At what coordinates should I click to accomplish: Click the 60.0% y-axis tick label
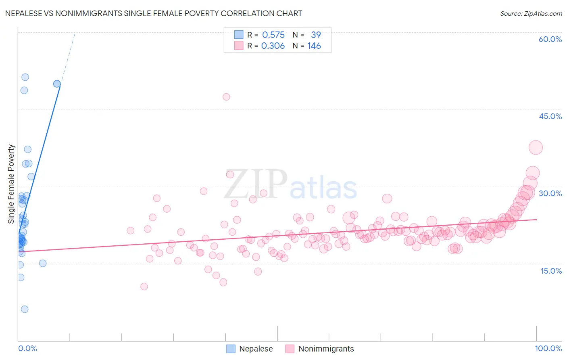coord(550,39)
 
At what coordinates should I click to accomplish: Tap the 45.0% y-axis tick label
coord(550,116)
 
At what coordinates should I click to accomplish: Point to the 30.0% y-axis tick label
coord(550,193)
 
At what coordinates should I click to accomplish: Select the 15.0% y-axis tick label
coord(551,271)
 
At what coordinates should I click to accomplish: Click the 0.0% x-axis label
coord(27,348)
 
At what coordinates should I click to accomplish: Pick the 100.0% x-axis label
coord(548,348)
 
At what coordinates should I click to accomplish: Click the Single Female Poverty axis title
coord(11,184)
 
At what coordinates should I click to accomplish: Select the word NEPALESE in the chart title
coord(23,13)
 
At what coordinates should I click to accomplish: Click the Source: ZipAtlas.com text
coord(531,14)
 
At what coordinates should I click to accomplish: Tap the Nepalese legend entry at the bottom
coord(256,349)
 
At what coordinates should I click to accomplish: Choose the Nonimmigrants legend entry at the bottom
coord(326,349)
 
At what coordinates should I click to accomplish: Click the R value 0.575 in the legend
coord(273,35)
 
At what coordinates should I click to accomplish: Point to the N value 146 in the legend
coord(314,46)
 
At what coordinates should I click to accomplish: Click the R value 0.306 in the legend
coord(273,46)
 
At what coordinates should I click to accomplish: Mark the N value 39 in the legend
coord(316,35)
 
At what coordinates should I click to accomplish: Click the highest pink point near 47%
coord(226,97)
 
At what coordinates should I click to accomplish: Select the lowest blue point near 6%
coord(25,309)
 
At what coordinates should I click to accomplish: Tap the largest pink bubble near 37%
coord(536,148)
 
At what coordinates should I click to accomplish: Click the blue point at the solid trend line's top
coord(57,84)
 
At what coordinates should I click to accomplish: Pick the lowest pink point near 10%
coord(144,287)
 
